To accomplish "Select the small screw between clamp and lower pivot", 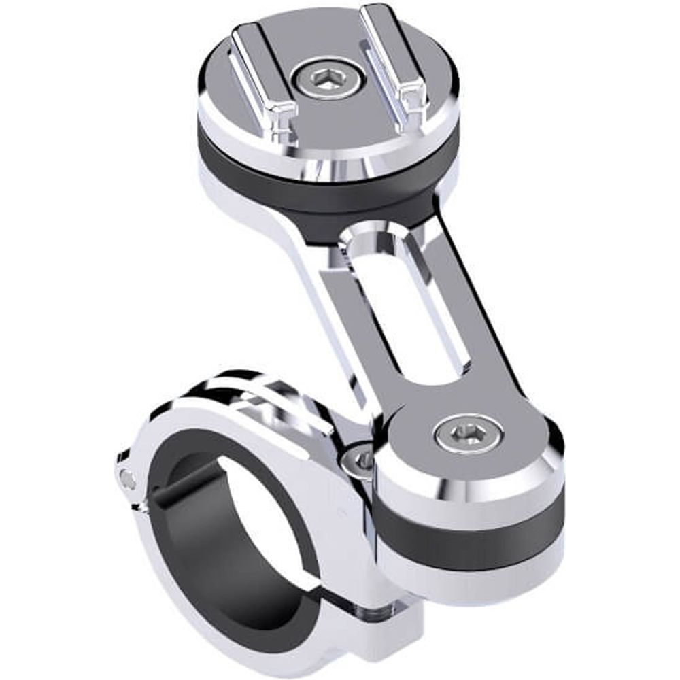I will pyautogui.click(x=358, y=462).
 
